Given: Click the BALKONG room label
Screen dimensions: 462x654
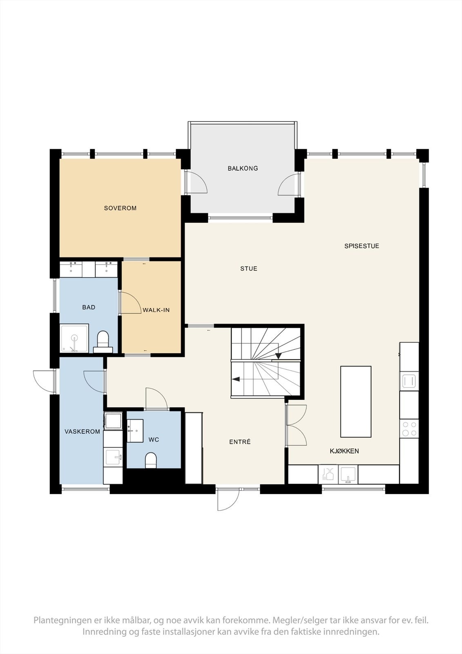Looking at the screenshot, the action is click(x=243, y=168).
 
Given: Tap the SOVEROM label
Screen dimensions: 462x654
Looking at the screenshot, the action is click(x=120, y=208).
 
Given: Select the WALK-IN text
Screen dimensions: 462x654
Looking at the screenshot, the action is click(x=156, y=310).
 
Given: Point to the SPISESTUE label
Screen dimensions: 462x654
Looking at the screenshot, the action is click(x=362, y=246).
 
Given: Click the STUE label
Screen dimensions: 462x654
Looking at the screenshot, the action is click(x=249, y=269).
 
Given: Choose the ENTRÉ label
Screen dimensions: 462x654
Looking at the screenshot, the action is click(x=240, y=442).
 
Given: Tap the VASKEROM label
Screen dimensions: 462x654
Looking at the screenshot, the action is click(x=82, y=432).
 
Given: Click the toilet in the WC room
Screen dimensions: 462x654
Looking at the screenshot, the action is click(x=151, y=460).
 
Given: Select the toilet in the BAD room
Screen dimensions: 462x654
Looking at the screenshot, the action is click(x=103, y=342).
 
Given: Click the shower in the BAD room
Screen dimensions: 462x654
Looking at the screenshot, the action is click(x=74, y=338).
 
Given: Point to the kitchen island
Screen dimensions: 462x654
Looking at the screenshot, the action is click(x=356, y=402).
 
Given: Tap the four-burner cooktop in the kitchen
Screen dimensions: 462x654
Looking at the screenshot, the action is click(x=409, y=428).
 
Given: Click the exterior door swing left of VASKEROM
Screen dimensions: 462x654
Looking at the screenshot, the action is click(x=44, y=381).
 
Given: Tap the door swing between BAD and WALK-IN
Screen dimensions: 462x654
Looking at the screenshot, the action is click(x=131, y=303).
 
